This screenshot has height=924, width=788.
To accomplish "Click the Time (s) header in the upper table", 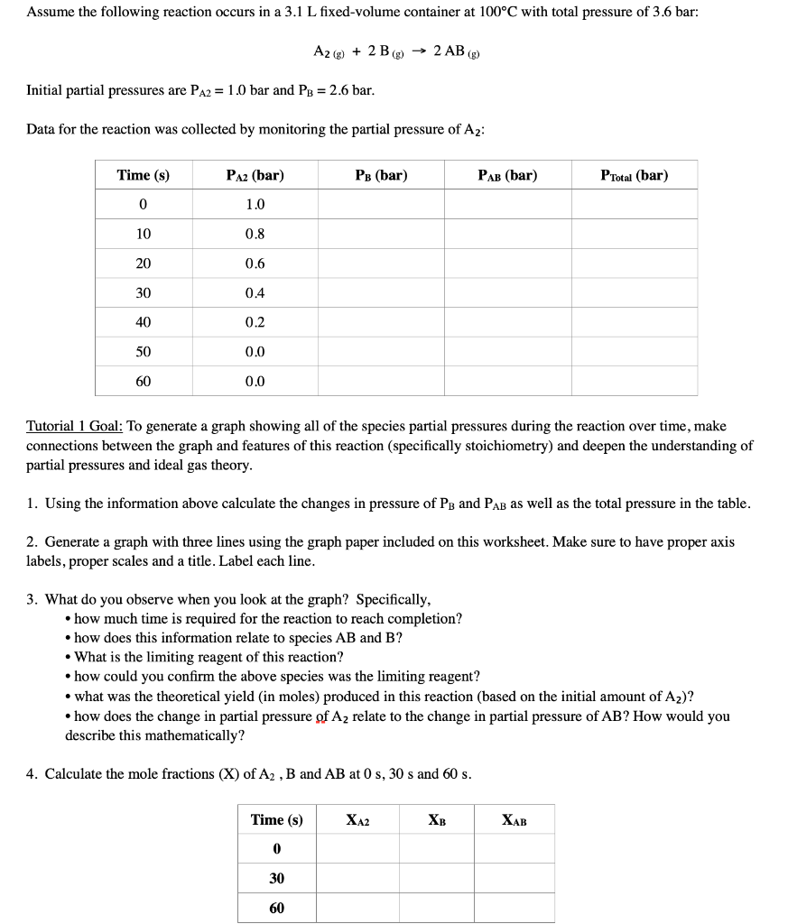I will click(143, 175).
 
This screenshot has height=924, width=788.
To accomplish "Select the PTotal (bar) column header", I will click(634, 175).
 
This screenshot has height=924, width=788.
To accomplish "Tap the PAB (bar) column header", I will click(506, 175).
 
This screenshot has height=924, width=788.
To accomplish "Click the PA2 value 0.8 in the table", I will click(255, 234).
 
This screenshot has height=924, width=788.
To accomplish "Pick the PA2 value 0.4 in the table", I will click(255, 292).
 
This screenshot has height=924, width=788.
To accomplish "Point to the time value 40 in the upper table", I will click(143, 322).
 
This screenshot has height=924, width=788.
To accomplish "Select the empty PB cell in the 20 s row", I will click(380, 263).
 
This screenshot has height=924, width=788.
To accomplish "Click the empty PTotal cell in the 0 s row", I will click(634, 204).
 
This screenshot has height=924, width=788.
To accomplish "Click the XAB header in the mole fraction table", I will click(514, 820).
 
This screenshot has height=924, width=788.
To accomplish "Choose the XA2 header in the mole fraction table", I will click(357, 820).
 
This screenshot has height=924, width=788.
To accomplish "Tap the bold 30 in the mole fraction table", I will click(276, 878).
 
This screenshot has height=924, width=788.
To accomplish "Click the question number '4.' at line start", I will click(32, 774).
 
